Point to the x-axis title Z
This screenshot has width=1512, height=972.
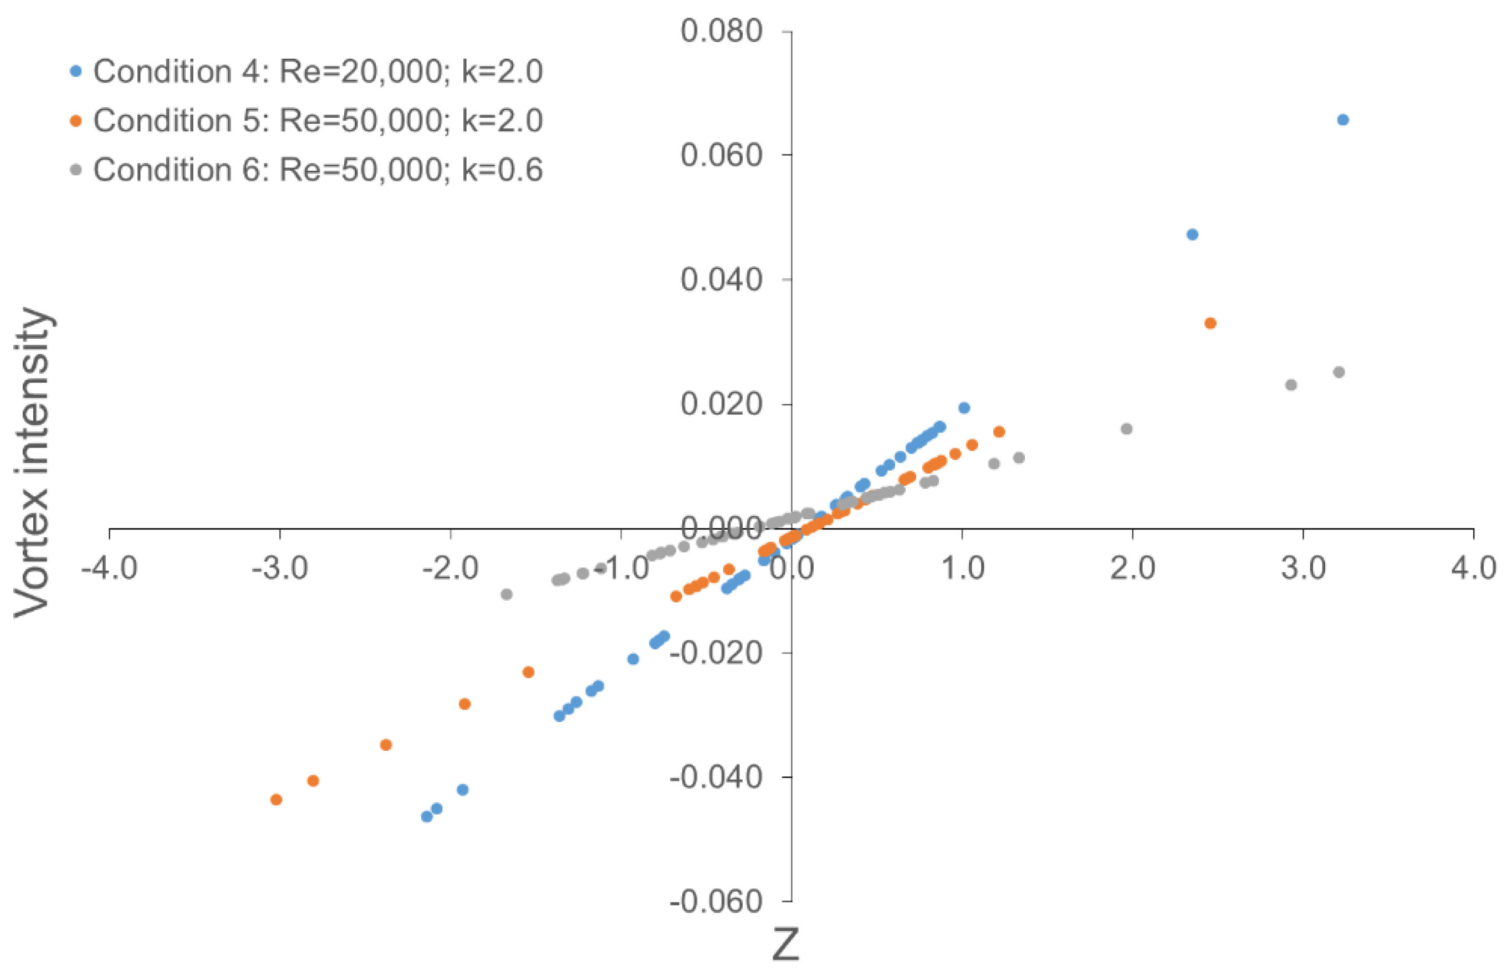pyautogui.click(x=786, y=945)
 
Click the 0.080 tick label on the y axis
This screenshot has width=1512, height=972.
pyautogui.click(x=721, y=32)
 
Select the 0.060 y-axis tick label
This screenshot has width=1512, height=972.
pyautogui.click(x=721, y=155)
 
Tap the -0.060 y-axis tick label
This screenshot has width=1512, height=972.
pyautogui.click(x=716, y=902)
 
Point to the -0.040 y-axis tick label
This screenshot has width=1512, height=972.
pyautogui.click(x=716, y=777)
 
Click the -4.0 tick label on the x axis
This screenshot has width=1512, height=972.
pyautogui.click(x=109, y=568)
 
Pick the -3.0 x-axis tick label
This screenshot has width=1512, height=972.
pyautogui.click(x=279, y=568)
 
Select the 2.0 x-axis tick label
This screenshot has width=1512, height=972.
pyautogui.click(x=1133, y=568)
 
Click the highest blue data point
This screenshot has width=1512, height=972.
pyautogui.click(x=1343, y=120)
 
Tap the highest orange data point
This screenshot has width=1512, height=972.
pyautogui.click(x=1210, y=324)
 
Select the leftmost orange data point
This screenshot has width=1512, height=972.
pyautogui.click(x=275, y=800)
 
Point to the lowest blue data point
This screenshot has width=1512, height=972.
pyautogui.click(x=426, y=817)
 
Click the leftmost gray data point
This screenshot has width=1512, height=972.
pyautogui.click(x=506, y=594)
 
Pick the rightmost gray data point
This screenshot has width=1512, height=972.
pyautogui.click(x=1339, y=373)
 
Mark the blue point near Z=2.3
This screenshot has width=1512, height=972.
pyautogui.click(x=1192, y=235)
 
